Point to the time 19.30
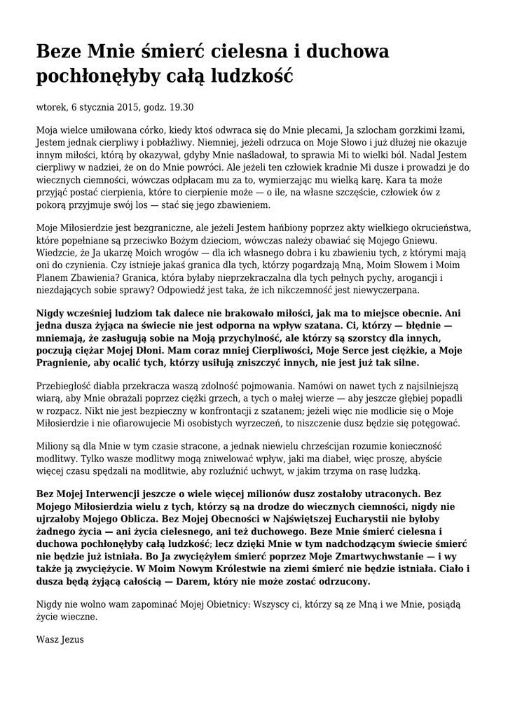(181, 107)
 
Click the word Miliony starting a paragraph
(54, 446)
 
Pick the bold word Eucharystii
(380, 519)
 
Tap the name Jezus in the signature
(72, 639)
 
